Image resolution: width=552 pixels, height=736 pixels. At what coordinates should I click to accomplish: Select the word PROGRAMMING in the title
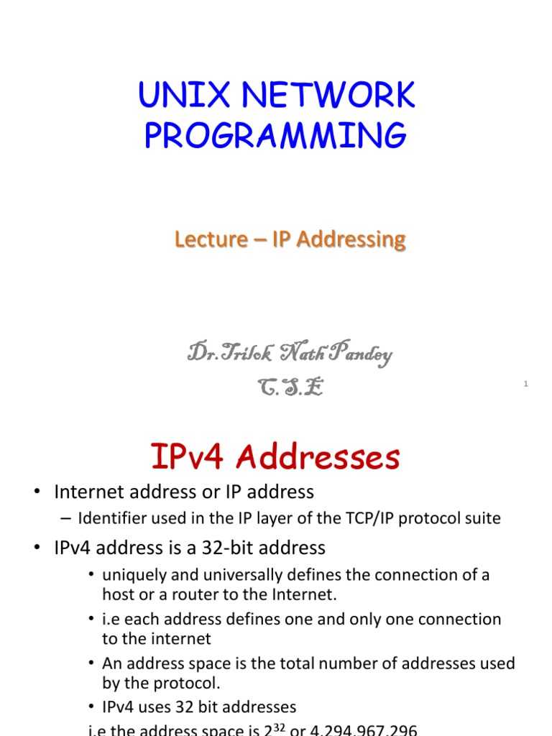[x=275, y=136]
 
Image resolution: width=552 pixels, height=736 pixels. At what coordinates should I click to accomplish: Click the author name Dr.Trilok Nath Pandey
[x=290, y=354]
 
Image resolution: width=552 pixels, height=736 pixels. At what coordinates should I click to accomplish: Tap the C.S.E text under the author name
[x=290, y=387]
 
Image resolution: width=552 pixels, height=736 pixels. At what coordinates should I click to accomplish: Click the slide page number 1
[x=525, y=385]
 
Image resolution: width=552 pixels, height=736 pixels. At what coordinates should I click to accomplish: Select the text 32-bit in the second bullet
[x=220, y=548]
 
